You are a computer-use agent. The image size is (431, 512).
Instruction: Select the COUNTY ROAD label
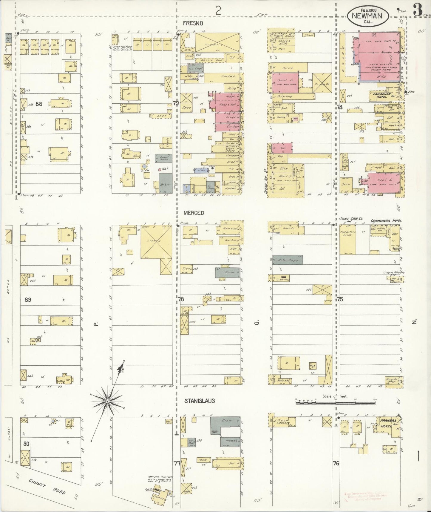coord(47,487)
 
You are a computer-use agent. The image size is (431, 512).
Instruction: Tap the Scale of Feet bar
coord(335,403)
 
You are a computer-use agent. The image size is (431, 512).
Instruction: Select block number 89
coord(28,299)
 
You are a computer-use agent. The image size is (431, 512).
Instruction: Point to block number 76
coord(336,463)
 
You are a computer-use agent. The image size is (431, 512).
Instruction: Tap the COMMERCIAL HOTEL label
coord(386,221)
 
